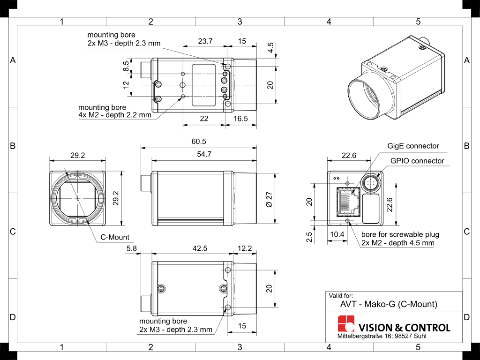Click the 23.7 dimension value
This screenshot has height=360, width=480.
click(x=205, y=41)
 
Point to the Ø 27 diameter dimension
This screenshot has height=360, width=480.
click(x=269, y=199)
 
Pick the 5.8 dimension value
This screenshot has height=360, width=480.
click(x=131, y=249)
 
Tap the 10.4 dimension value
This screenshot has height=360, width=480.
click(x=337, y=234)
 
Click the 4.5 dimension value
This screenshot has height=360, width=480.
click(x=270, y=48)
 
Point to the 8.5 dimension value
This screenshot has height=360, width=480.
click(x=126, y=66)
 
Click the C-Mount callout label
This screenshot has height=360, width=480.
click(x=115, y=237)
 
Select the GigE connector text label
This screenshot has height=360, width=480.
click(x=413, y=146)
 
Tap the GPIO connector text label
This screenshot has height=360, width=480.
click(x=417, y=161)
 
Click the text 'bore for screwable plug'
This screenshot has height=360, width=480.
click(x=400, y=234)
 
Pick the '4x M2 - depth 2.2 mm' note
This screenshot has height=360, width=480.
click(x=115, y=115)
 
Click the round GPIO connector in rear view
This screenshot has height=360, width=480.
click(x=371, y=183)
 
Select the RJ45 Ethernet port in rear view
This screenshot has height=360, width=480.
click(x=348, y=202)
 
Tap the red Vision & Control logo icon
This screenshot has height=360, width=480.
click(x=346, y=324)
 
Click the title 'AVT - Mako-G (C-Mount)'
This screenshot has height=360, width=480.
click(x=389, y=304)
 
